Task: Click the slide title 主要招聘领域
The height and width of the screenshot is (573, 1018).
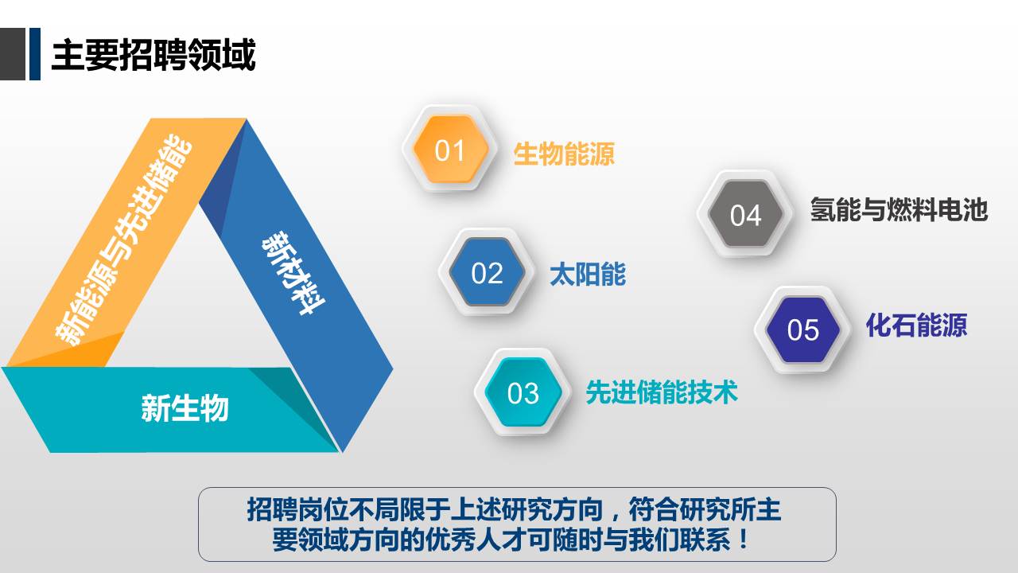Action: pos(153,55)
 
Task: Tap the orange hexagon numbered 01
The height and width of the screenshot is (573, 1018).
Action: pos(450,149)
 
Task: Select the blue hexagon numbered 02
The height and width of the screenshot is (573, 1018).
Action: pos(487,272)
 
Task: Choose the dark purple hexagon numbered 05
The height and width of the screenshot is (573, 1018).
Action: pos(802,329)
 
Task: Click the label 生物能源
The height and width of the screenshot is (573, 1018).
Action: pos(564,154)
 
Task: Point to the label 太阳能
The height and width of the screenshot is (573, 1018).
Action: pos(588,275)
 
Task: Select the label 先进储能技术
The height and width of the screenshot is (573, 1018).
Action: pos(662,392)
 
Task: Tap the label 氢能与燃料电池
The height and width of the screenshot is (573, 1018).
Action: pos(899,209)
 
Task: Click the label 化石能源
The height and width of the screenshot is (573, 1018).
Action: pos(916,325)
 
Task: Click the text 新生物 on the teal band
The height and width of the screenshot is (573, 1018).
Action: pos(185,408)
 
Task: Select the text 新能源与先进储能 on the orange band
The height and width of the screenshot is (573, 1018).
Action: pos(123,240)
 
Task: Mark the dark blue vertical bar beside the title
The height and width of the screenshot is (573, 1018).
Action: pos(35,54)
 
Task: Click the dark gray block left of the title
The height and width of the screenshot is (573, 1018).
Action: pos(13,54)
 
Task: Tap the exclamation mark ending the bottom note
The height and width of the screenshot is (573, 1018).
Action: pos(744,540)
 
